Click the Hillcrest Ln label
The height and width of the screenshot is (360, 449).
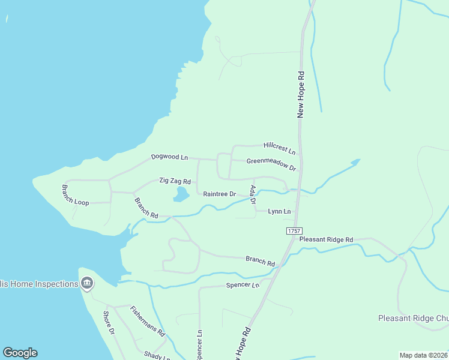point(279,148)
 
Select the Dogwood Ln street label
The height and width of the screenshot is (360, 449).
point(169,157)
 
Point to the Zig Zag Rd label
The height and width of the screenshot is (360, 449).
point(175,181)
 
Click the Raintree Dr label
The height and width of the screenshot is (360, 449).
point(220,194)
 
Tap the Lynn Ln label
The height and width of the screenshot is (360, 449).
point(279,211)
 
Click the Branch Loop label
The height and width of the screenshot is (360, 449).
point(75,196)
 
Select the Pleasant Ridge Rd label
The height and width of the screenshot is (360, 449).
point(326,239)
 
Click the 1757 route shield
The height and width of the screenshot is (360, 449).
point(294,231)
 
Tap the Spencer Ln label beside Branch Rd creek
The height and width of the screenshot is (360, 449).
point(242,285)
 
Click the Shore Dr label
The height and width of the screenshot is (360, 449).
point(109,323)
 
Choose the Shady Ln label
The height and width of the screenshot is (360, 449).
point(154,355)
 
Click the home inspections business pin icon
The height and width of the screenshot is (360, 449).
point(87,283)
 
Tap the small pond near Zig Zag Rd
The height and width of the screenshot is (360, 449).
point(180,194)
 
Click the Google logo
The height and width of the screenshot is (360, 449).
point(20,353)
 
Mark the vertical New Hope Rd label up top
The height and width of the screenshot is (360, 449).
point(301,94)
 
